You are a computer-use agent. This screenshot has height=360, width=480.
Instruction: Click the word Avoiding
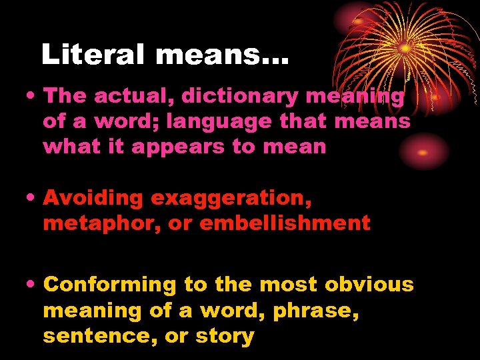[93, 198]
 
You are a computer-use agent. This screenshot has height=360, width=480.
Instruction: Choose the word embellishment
[285, 223]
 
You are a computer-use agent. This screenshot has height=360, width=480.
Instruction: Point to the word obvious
[369, 285]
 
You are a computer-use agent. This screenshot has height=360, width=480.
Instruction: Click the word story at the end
[227, 336]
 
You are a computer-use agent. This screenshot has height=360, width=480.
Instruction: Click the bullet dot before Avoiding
[32, 198]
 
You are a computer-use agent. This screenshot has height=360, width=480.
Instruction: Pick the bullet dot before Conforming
[32, 285]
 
